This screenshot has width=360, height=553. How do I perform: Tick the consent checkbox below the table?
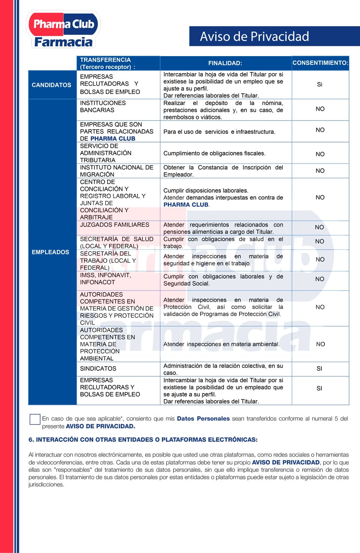click(35, 419)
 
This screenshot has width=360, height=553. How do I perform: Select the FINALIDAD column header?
click(225, 63)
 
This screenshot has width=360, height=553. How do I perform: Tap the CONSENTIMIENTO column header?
click(320, 63)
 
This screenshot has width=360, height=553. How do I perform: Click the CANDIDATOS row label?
click(52, 85)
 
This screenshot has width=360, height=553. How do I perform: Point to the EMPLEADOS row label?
click(50, 252)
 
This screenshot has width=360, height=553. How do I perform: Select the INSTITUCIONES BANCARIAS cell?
click(102, 107)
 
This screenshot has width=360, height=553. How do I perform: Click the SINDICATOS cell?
click(98, 368)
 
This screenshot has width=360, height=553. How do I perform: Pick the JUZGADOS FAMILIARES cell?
click(114, 225)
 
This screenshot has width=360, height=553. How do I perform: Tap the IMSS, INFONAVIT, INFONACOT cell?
click(105, 279)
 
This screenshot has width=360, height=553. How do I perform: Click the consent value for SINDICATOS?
click(319, 368)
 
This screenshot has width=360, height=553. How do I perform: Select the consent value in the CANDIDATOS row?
click(319, 85)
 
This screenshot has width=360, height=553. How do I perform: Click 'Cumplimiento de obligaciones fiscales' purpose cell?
click(214, 154)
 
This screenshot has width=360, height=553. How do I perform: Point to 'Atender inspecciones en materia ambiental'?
click(221, 344)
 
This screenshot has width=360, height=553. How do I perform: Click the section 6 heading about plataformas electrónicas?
click(143, 440)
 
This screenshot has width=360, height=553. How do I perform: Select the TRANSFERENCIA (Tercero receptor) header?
click(108, 63)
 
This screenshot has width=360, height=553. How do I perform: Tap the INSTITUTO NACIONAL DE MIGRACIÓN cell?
click(116, 171)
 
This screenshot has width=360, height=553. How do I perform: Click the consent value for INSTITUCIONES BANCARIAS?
click(320, 109)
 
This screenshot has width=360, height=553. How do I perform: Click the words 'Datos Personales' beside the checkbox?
click(203, 418)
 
